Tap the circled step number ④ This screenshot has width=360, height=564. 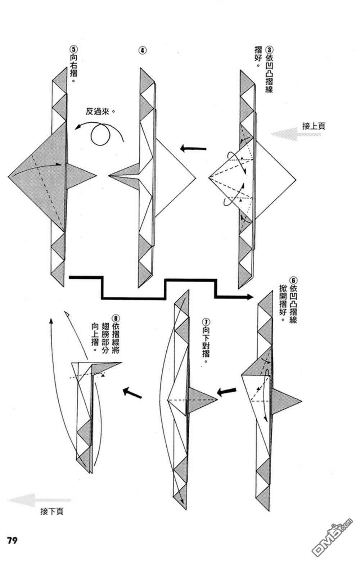point(143,50)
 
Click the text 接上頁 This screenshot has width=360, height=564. point(314,126)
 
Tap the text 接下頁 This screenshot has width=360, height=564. point(52,511)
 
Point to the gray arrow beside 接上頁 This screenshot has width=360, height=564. point(287,134)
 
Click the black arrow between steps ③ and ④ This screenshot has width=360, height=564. point(193,148)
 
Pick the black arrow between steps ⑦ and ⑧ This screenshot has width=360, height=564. point(132,392)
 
